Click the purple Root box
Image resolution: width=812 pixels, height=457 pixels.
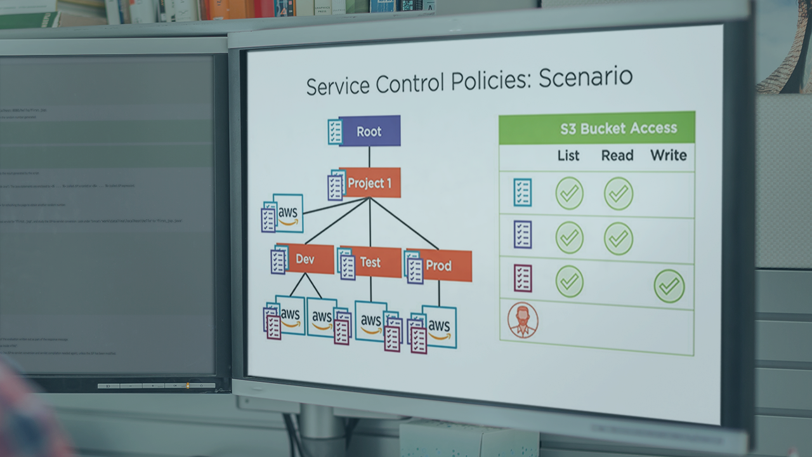pyautogui.click(x=369, y=131)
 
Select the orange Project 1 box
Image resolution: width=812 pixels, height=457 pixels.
pyautogui.click(x=369, y=183)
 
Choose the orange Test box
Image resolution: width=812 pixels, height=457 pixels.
pyautogui.click(x=370, y=262)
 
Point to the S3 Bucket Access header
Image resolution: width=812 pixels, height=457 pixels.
pyautogui.click(x=618, y=129)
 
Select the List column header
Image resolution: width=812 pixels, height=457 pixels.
pyautogui.click(x=568, y=155)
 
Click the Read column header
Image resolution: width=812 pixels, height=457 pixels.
pyautogui.click(x=617, y=156)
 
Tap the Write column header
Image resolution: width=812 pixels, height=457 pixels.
pyautogui.click(x=668, y=156)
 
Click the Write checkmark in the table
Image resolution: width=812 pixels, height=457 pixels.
pyautogui.click(x=669, y=286)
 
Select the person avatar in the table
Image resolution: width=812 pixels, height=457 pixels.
pyautogui.click(x=523, y=320)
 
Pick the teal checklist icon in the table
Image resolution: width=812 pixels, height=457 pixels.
pyautogui.click(x=523, y=192)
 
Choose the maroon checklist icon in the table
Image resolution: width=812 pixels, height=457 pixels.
pyautogui.click(x=523, y=278)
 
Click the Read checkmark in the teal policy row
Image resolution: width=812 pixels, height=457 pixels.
pyautogui.click(x=619, y=194)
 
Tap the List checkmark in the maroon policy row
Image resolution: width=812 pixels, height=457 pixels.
pyautogui.click(x=569, y=281)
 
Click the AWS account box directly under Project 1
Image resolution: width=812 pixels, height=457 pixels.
pyautogui.click(x=287, y=213)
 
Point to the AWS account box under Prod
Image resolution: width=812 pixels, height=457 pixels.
pyautogui.click(x=439, y=327)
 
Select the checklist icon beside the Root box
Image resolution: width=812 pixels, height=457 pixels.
pyautogui.click(x=335, y=131)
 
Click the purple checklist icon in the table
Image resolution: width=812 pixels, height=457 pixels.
pyautogui.click(x=523, y=234)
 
